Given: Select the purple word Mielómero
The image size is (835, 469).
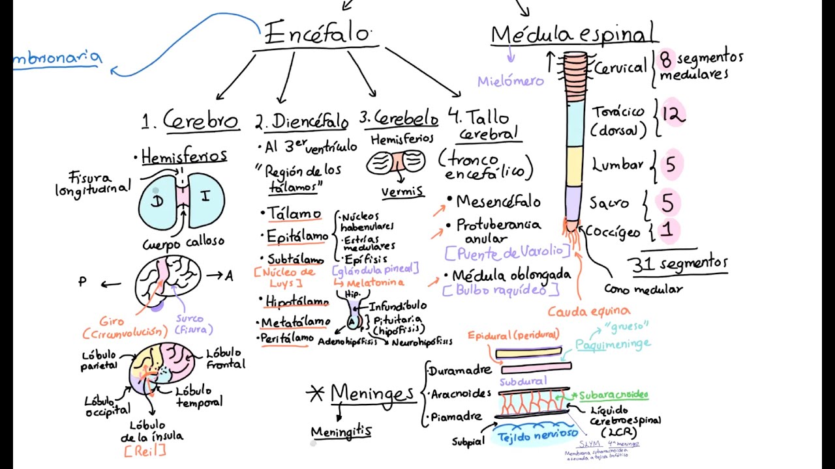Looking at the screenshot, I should click(x=510, y=81).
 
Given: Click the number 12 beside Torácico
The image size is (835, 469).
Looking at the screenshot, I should click(x=673, y=115).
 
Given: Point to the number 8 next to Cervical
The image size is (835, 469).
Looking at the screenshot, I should click(x=665, y=60).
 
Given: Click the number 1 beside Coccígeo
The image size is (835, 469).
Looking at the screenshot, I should click(x=667, y=229).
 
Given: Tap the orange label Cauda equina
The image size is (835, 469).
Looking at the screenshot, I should click(x=588, y=311).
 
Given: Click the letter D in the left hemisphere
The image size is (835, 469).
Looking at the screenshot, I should click(x=157, y=201).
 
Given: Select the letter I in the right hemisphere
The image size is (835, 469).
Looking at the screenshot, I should click(x=205, y=196).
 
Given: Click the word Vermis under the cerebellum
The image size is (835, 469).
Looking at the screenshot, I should click(x=402, y=192).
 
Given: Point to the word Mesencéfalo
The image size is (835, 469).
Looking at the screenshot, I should click(x=498, y=201).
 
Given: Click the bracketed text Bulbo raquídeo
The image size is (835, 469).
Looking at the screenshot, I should click(x=501, y=290).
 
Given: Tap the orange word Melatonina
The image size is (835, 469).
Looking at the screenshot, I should click(x=375, y=283).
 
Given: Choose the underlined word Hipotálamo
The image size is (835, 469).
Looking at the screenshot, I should click(x=297, y=302).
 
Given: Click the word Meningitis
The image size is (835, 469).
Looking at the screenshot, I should click(x=341, y=432).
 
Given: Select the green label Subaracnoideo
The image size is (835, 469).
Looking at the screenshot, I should click(x=613, y=395).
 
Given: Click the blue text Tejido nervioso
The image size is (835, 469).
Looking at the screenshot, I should click(x=538, y=434).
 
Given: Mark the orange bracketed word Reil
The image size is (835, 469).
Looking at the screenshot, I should click(x=144, y=450).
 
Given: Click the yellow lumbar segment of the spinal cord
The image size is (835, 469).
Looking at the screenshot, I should click(x=573, y=166).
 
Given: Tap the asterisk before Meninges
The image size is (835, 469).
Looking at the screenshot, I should click(x=316, y=393).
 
